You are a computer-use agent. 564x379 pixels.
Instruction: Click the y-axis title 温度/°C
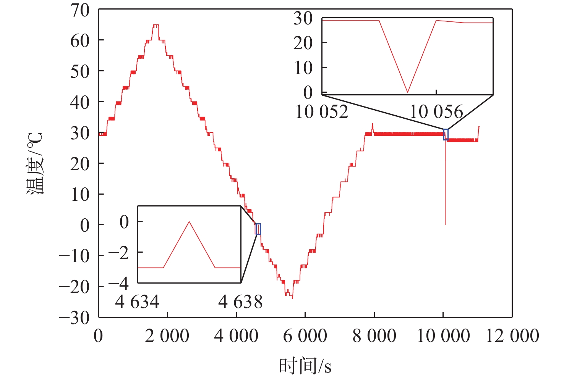coord(35,164)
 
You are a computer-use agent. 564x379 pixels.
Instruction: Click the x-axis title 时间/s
coord(305,366)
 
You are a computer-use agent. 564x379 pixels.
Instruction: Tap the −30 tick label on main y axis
coord(75,318)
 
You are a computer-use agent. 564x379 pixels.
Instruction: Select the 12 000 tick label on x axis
coord(512,336)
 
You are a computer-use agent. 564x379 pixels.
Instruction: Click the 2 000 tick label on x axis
coord(167,336)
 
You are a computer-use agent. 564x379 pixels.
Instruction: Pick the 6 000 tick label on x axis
coord(305,336)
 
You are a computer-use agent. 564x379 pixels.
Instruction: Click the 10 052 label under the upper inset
coord(322,112)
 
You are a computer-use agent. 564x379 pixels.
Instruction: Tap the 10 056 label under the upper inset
coord(436,112)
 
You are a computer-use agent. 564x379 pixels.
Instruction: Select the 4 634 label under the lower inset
coord(137,302)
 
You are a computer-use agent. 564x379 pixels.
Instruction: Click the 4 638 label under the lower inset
coord(240,302)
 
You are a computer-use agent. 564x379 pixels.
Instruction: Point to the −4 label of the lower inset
coord(118,284)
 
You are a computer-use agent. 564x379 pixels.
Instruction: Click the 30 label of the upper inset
coord(303,18)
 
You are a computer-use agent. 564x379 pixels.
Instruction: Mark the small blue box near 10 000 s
coord(446,135)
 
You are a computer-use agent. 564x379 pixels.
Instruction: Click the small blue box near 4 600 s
coord(258,229)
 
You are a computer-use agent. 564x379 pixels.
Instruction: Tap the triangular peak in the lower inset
coord(189,222)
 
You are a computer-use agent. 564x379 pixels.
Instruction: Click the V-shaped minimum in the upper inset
coord(408,92)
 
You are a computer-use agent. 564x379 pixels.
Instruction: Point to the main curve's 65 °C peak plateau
coord(156,25)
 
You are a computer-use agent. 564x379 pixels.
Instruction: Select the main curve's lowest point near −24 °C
coord(292,298)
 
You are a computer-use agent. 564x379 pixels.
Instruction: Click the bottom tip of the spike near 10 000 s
coord(445,224)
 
